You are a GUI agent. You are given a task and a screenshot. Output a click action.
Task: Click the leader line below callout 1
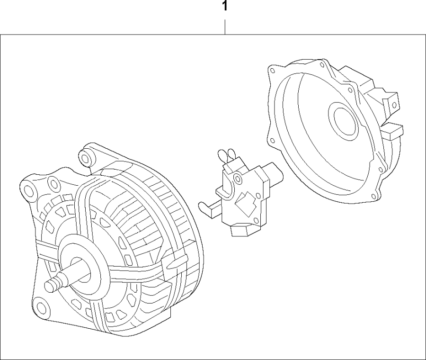point(225,27)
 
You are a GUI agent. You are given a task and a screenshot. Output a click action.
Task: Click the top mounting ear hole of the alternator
point(86,156)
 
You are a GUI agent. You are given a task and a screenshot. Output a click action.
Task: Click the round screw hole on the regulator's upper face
point(237,178)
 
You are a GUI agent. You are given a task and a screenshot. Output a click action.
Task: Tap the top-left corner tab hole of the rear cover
point(272,71)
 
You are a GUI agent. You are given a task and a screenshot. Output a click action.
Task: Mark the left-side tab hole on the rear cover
point(272,140)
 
